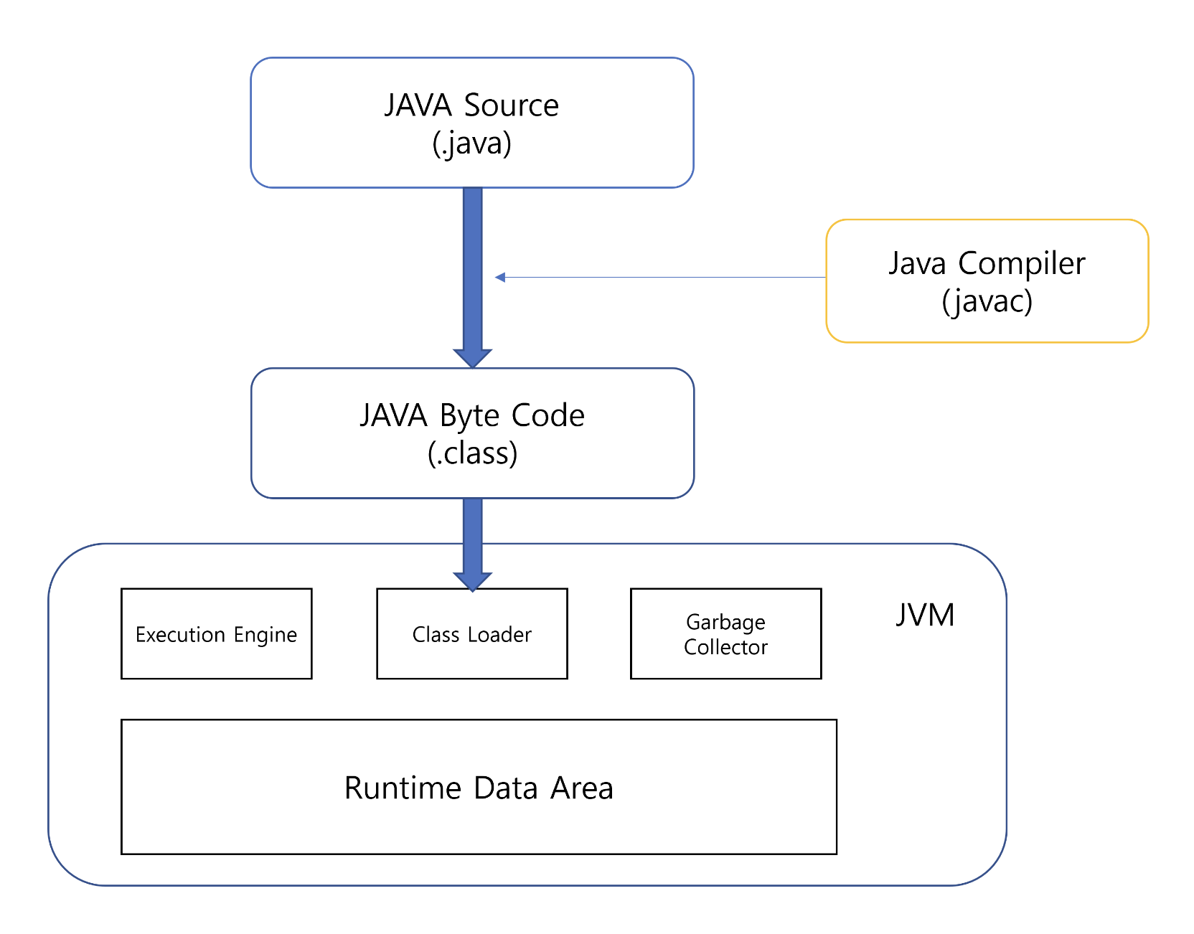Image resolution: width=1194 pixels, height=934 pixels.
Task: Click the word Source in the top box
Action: click(511, 105)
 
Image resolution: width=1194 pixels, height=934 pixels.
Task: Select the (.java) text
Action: click(471, 143)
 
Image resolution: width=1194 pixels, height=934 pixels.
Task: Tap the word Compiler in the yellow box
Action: click(1021, 264)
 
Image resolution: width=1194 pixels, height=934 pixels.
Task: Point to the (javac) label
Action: click(987, 301)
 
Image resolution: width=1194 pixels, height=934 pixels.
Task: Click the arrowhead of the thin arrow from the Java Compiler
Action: click(500, 278)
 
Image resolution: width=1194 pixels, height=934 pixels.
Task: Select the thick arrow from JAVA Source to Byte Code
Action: click(472, 273)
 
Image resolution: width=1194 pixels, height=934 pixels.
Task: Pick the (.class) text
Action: click(472, 453)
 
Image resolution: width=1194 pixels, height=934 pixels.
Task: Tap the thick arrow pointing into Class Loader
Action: click(472, 542)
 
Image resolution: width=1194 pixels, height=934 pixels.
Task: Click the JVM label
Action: click(925, 615)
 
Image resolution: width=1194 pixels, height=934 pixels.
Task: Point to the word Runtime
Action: click(403, 788)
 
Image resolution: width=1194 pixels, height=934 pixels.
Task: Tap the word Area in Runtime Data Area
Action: click(581, 788)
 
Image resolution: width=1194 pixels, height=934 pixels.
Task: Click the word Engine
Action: click(265, 636)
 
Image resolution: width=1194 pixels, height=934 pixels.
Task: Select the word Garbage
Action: click(725, 622)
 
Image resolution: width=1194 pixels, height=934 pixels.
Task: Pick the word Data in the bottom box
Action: click(505, 788)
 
